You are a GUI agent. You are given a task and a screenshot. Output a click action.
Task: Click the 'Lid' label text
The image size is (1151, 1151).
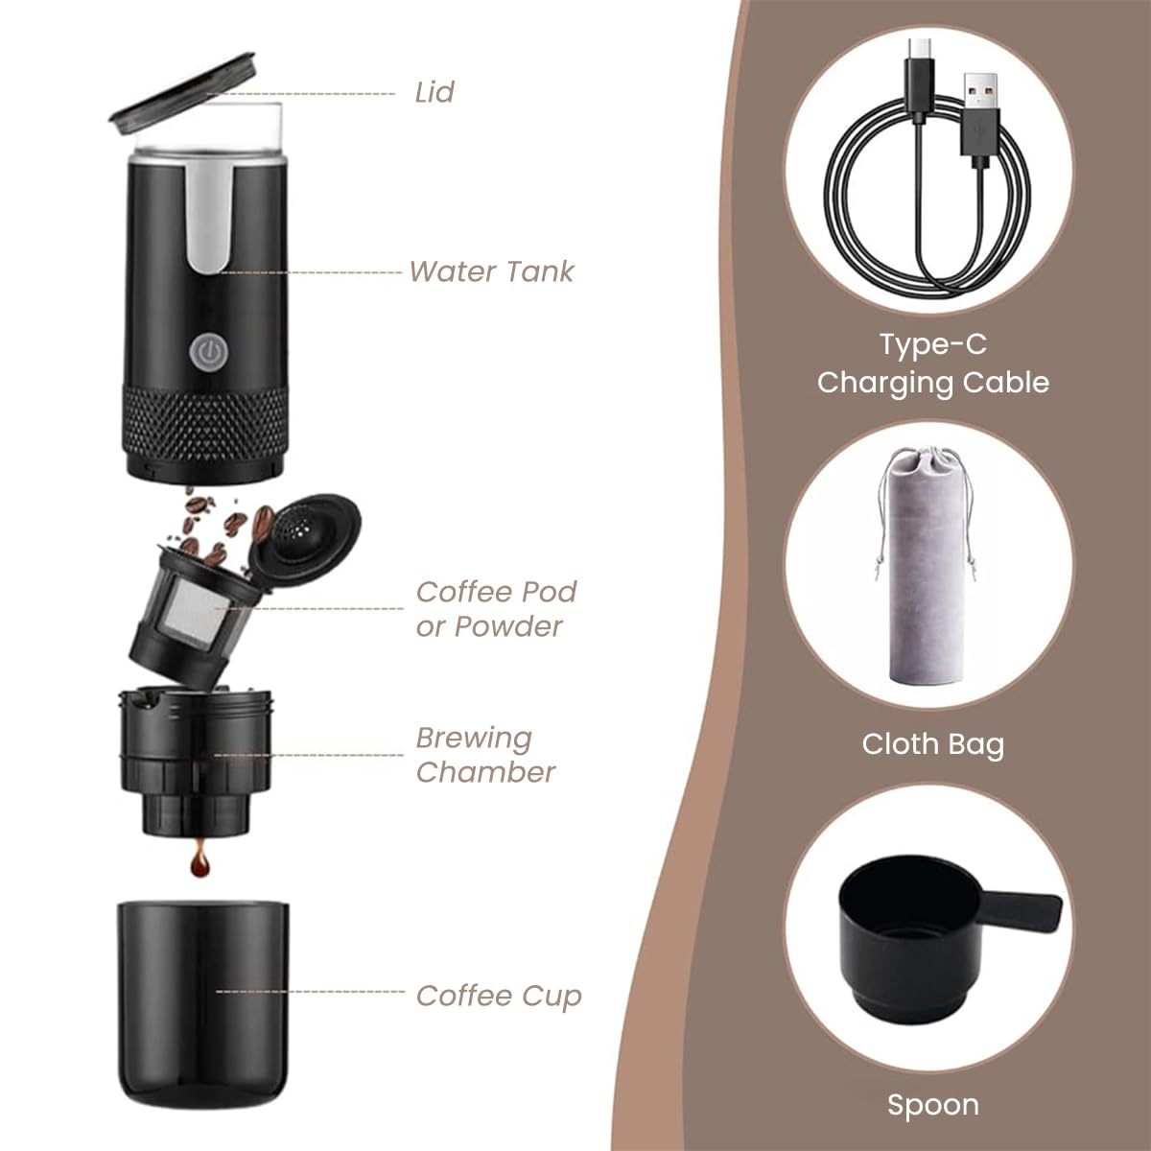(434, 93)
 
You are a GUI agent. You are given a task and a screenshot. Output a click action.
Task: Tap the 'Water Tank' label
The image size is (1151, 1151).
(491, 271)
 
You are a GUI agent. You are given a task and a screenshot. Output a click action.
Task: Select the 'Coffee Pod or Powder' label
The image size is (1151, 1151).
(496, 609)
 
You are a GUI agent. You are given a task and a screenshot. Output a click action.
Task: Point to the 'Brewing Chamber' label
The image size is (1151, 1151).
(485, 755)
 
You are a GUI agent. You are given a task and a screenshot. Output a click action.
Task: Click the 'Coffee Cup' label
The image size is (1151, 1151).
(499, 996)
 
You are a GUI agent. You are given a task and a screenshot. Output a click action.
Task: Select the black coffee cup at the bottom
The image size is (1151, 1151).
(204, 1002)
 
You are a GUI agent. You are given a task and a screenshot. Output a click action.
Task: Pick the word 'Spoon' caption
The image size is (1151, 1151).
(932, 1105)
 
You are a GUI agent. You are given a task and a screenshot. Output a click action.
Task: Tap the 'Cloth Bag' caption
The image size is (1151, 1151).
(932, 744)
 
